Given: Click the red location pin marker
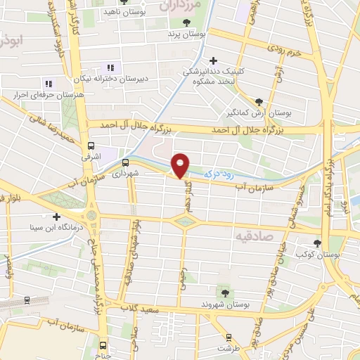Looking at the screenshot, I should pos(181,165).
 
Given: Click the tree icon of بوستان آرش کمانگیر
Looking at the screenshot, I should pos(259,102).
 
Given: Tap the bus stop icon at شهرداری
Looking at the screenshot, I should pos(126,162).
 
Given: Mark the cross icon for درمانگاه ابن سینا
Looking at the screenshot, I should pos(57,216).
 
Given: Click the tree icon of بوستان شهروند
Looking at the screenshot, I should pos(224,292).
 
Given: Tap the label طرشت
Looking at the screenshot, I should pos(224,348).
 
